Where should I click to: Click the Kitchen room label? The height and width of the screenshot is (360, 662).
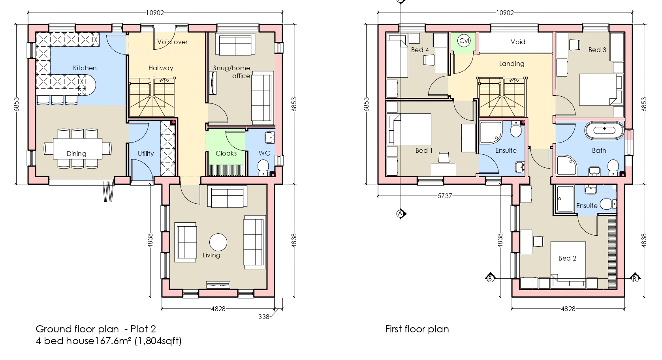pyautogui.click(x=85, y=68)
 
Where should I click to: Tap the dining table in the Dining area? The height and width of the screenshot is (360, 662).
pyautogui.click(x=78, y=148)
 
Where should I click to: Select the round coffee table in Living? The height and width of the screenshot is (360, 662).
pyautogui.click(x=218, y=242)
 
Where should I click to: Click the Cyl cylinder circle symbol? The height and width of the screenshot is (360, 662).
pyautogui.click(x=464, y=40)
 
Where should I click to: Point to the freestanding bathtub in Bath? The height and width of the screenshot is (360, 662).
pyautogui.click(x=604, y=130)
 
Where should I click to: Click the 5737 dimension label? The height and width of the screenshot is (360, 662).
pyautogui.click(x=445, y=196)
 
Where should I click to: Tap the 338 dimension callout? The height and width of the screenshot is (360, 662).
pyautogui.click(x=263, y=317)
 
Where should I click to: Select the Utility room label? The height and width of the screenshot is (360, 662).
pyautogui.click(x=146, y=154)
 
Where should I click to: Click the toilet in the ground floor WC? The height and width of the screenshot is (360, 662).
pyautogui.click(x=263, y=167)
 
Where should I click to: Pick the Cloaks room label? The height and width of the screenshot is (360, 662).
pyautogui.click(x=226, y=153)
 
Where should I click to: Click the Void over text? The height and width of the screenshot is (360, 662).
pyautogui.click(x=172, y=42)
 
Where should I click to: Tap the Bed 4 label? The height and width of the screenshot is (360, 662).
pyautogui.click(x=420, y=50)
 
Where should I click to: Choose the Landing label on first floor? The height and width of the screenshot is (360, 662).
pyautogui.click(x=512, y=64)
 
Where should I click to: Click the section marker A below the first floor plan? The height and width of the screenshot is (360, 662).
pyautogui.click(x=401, y=213)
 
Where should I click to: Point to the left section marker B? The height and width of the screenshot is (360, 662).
pyautogui.click(x=490, y=278)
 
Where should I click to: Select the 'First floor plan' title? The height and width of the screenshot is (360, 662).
pyautogui.click(x=417, y=329)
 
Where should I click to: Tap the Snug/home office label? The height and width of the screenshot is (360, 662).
pyautogui.click(x=232, y=72)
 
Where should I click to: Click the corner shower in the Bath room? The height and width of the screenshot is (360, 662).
pyautogui.click(x=566, y=165)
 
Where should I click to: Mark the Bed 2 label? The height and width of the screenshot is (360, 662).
pyautogui.click(x=567, y=258)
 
